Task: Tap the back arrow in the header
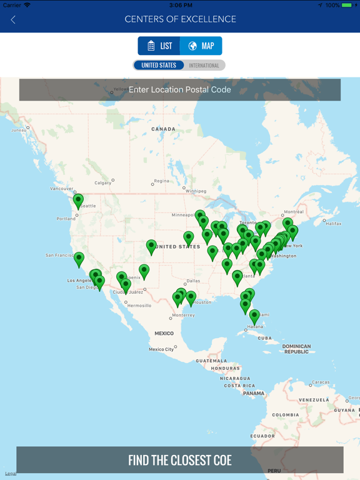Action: pos(13,20)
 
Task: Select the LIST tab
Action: pos(159,46)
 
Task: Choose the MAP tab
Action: pos(201,46)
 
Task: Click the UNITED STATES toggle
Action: pos(159,65)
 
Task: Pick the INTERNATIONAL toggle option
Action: pos(204,65)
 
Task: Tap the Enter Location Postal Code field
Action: pos(180,89)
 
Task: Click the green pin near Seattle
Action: pos(78,201)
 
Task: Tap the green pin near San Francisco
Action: pos(79,259)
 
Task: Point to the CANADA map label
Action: pos(164,129)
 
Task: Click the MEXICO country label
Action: pos(164,334)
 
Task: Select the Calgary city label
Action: pos(102,182)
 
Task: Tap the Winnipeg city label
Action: pos(196,191)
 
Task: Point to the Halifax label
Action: pos(334,223)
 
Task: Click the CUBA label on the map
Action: pos(265,338)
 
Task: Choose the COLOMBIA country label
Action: pos(285,415)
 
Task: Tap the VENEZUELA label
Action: pos(313,399)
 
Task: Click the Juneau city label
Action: pos(19,129)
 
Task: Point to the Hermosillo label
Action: pos(139,306)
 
